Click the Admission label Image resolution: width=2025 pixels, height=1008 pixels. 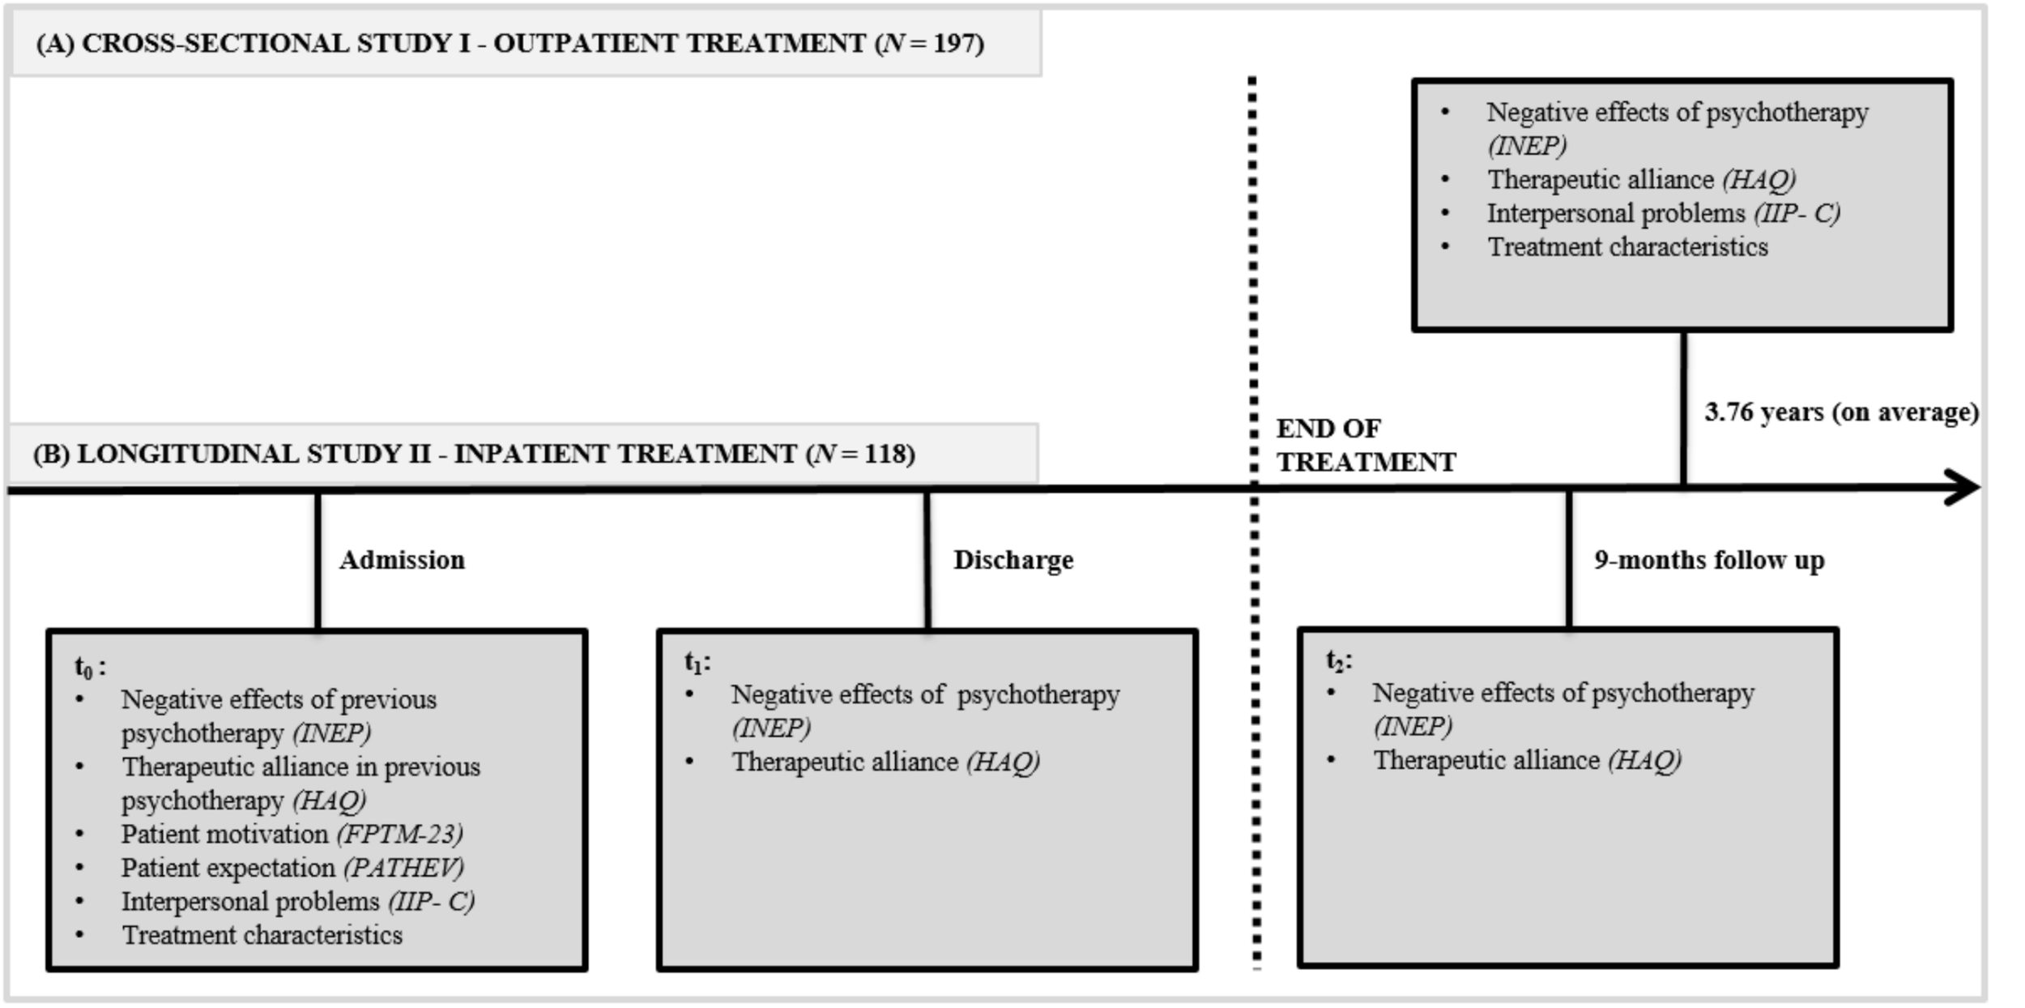click(402, 560)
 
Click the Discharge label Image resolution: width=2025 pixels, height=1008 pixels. click(1013, 560)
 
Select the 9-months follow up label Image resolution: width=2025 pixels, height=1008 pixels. click(1709, 560)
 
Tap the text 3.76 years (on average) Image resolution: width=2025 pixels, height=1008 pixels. click(1841, 412)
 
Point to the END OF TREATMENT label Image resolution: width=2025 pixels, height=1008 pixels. click(1366, 445)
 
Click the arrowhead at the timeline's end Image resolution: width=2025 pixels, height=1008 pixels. click(1964, 488)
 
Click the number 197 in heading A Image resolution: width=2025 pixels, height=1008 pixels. click(956, 43)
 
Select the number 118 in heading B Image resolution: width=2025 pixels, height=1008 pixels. click(888, 454)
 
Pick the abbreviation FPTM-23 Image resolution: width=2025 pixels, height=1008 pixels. click(400, 835)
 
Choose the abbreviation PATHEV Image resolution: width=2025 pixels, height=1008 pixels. click(403, 868)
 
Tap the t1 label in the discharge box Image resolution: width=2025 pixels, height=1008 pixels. click(697, 663)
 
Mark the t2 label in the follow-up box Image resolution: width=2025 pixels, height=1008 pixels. click(1338, 661)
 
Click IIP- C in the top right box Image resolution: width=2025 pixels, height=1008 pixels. click(1797, 214)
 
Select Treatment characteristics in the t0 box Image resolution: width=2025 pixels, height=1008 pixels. click(262, 935)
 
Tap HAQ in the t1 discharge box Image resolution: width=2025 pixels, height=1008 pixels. click(1003, 762)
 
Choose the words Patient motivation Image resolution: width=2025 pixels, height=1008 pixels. click(224, 835)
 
